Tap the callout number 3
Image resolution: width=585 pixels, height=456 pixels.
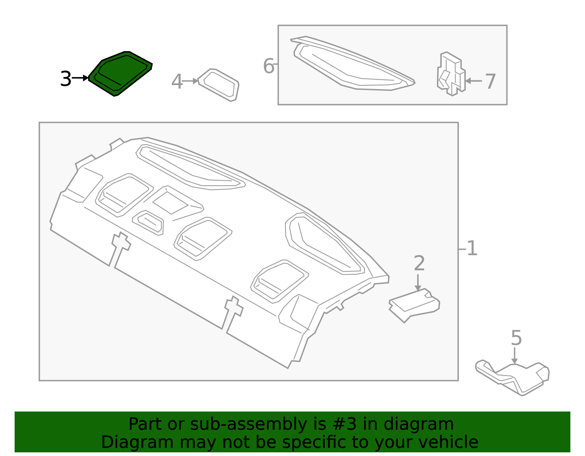(65, 79)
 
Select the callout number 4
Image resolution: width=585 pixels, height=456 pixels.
(177, 81)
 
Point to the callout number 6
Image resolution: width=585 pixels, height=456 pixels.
(268, 66)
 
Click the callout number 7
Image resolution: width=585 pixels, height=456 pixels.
(490, 81)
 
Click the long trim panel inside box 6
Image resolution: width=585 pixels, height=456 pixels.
(351, 66)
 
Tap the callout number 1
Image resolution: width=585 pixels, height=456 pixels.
(472, 248)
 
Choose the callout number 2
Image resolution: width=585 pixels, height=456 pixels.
(419, 263)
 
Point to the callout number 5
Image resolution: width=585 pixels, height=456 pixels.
(516, 338)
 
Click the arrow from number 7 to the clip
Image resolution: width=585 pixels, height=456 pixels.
(473, 81)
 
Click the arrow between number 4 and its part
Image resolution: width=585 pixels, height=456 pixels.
(190, 81)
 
